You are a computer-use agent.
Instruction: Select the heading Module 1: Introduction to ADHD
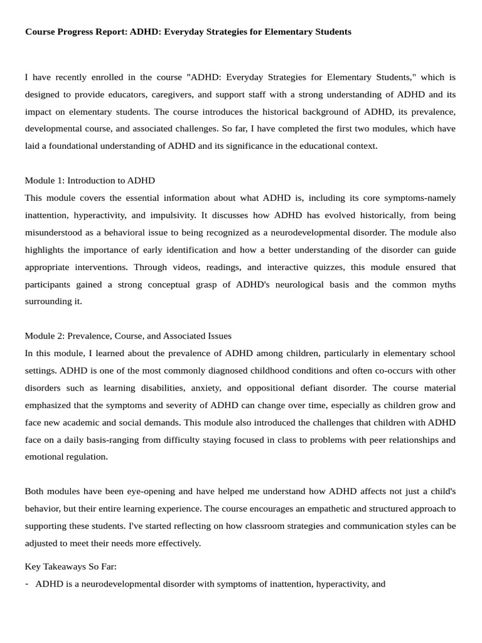90,180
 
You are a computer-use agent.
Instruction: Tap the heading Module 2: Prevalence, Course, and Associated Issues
128,336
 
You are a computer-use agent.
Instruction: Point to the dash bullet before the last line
27,583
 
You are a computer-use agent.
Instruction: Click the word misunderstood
54,232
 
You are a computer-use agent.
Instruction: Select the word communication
345,525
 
